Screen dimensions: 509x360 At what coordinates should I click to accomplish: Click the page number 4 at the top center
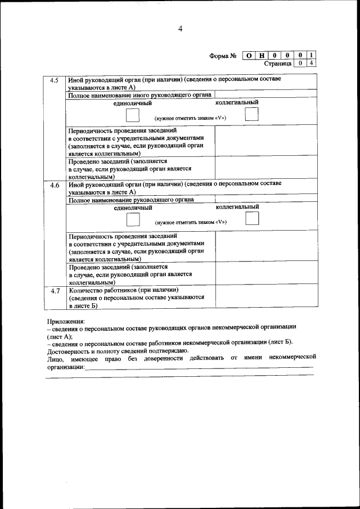[x=180, y=29]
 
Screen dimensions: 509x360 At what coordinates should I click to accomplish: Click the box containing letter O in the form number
[x=249, y=56]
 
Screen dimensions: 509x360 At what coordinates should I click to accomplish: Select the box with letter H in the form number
[x=262, y=56]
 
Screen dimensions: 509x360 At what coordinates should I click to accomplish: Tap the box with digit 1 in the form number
[x=312, y=56]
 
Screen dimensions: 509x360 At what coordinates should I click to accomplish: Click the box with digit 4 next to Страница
[x=312, y=64]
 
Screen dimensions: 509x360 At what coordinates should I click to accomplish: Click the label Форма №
[x=222, y=56]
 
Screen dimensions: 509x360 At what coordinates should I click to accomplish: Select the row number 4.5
[x=55, y=80]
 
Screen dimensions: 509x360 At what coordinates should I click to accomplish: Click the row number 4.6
[x=55, y=185]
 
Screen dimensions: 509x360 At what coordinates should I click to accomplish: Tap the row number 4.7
[x=55, y=291]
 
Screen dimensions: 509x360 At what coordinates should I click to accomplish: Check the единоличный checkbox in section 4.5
[x=133, y=115]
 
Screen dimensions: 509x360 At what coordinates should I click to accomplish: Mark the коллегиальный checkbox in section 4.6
[x=252, y=218]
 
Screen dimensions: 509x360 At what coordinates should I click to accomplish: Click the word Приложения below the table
[x=66, y=321]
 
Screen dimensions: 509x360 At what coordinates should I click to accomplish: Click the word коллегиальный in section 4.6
[x=237, y=206]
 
